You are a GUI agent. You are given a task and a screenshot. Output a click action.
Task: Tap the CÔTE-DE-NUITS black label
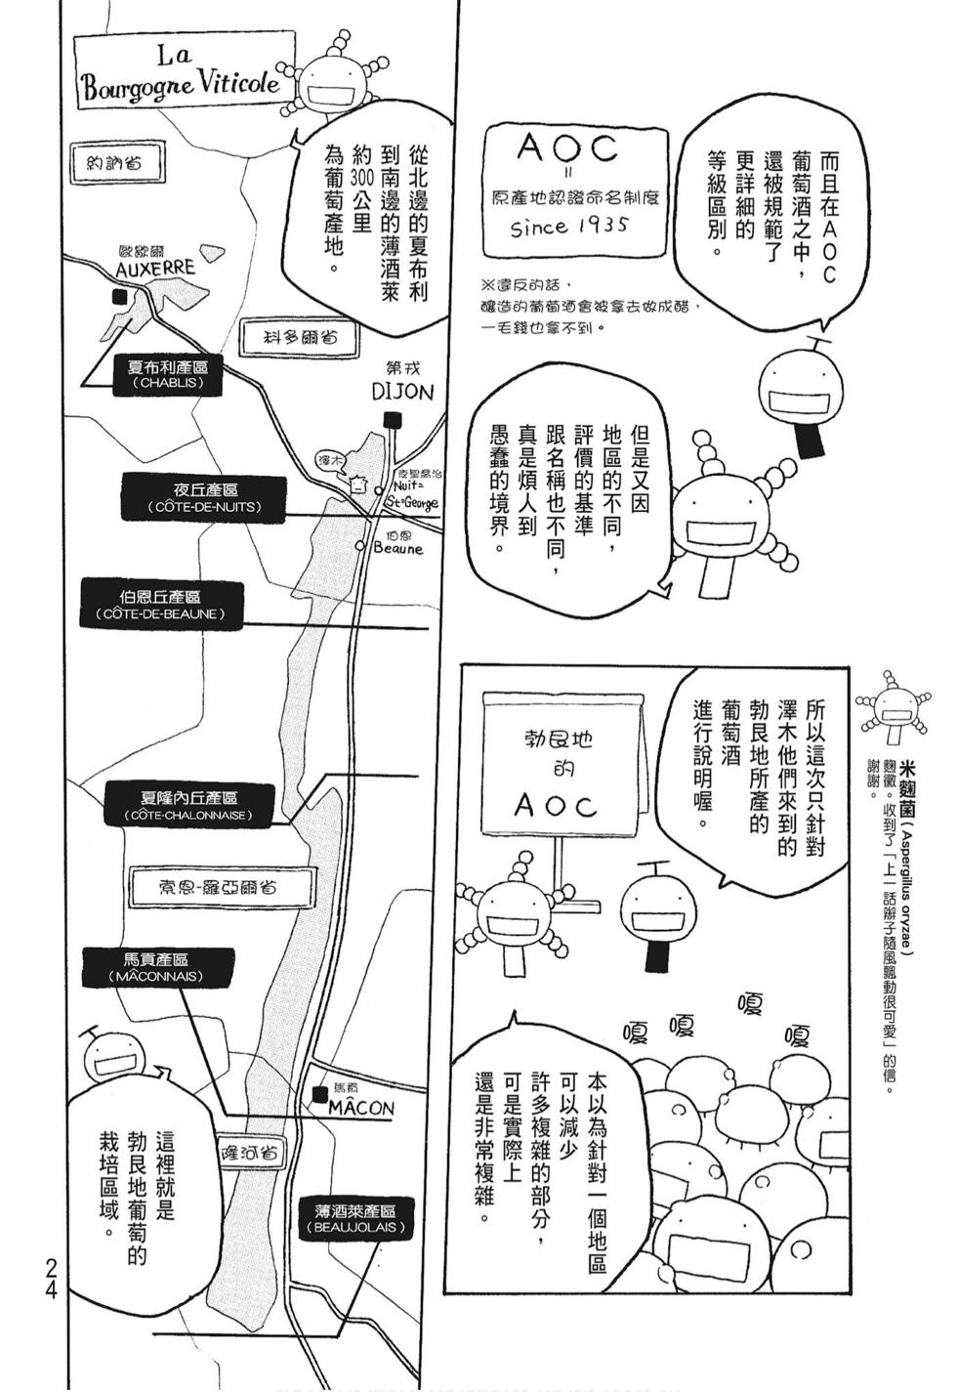click(x=204, y=498)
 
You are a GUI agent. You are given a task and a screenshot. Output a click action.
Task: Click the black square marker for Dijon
click(x=393, y=419)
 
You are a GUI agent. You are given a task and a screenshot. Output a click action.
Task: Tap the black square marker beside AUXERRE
click(x=119, y=297)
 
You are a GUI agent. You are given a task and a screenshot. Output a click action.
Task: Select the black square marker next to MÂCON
click(x=318, y=1095)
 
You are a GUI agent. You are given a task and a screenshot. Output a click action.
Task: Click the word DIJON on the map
click(x=402, y=392)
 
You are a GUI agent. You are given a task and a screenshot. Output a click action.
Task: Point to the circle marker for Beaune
click(x=361, y=547)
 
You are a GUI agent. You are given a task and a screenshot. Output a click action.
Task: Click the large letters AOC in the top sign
click(x=567, y=149)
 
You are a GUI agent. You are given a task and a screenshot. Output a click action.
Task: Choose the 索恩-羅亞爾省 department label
click(x=218, y=887)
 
